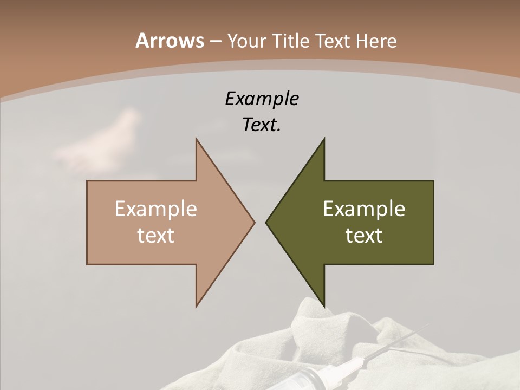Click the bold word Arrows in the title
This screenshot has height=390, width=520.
point(169,41)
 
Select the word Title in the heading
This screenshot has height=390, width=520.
point(290,41)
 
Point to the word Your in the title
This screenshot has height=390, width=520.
point(246,41)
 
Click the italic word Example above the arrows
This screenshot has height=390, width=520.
point(262,99)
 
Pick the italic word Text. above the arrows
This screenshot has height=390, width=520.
point(262,125)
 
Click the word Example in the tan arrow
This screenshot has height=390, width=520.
point(155,209)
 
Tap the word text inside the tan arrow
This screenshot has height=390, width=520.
point(155,236)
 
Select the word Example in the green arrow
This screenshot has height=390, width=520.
point(364,209)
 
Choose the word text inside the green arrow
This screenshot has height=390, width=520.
point(364,236)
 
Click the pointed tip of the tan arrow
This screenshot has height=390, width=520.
point(254,222)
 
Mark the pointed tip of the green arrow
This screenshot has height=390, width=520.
point(266,222)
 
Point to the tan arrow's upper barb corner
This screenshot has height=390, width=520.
point(196,139)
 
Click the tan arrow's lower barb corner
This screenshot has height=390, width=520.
point(196,307)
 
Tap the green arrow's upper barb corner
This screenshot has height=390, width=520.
point(324,139)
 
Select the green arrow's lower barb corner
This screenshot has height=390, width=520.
point(324,307)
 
